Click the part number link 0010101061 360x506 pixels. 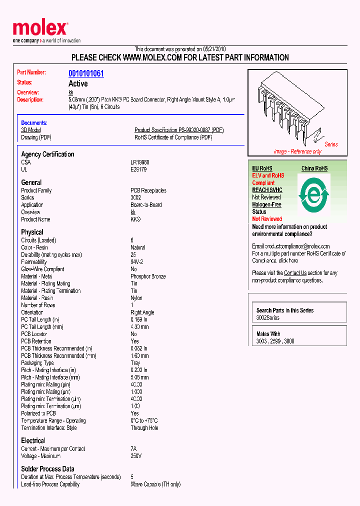point(86,73)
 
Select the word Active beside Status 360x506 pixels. point(78,83)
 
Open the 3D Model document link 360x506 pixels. point(30,130)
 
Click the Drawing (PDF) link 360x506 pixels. point(36,137)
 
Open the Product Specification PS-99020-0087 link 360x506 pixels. point(179,130)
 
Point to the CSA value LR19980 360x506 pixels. point(140,162)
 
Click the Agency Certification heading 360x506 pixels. point(47,154)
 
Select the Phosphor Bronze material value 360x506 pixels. point(148,276)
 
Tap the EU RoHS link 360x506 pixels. point(262,168)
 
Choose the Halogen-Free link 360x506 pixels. point(266,204)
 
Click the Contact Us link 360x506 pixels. point(295,273)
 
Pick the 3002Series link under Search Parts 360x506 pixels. point(268,318)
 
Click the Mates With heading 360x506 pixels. point(268,334)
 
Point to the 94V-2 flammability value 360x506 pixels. point(137,262)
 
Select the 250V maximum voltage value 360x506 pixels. point(136,456)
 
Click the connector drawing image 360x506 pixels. point(295,110)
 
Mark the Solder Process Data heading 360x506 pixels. point(47,469)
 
